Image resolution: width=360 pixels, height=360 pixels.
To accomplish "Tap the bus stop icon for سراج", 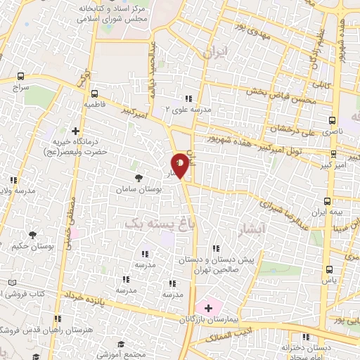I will [x=21, y=76].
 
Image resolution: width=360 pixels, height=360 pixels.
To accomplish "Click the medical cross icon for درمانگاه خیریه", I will [x=76, y=131].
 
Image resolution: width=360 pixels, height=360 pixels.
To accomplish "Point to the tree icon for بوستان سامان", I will [x=138, y=179].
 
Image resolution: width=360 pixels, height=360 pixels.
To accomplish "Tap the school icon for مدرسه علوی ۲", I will [x=188, y=98].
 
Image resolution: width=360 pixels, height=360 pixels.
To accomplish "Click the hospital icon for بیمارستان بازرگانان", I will [x=209, y=307].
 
